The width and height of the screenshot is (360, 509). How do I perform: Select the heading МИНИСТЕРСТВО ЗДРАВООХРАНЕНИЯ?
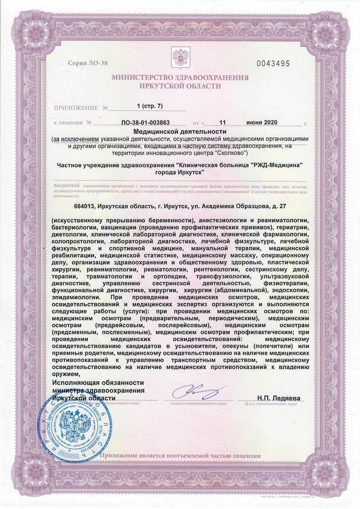coord(180,77)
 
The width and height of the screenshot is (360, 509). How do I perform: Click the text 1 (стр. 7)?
coord(149,106)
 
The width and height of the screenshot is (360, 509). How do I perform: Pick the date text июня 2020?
coord(262,122)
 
